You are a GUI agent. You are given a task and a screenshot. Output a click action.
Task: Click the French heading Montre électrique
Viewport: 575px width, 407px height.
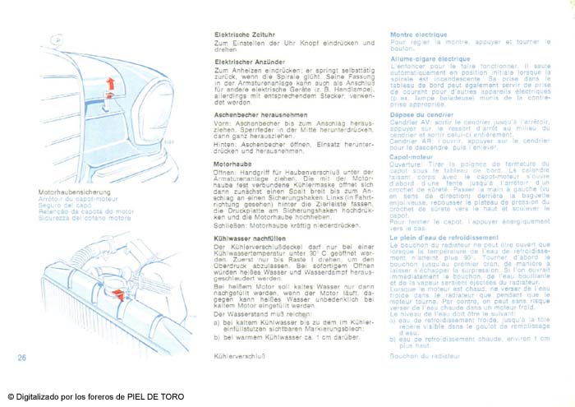click(418, 35)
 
